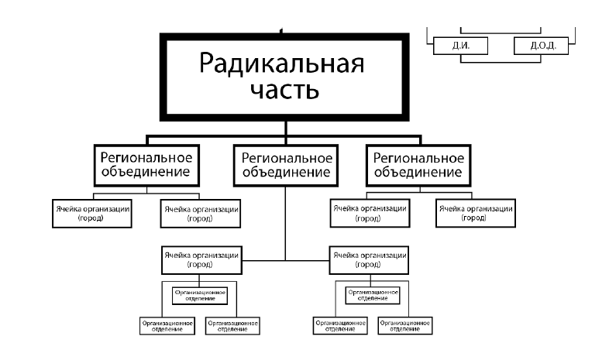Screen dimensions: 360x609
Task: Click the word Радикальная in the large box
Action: [x=282, y=61]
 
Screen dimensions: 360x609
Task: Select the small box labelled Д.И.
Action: [x=462, y=46]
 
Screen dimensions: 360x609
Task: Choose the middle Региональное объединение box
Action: [x=284, y=163]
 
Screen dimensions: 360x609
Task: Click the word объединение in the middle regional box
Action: [x=284, y=172]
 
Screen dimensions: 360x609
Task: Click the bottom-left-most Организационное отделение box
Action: [x=163, y=326]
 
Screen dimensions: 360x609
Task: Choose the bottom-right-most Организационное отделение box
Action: [x=405, y=326]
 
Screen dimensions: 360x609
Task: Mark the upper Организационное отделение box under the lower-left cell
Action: [x=200, y=295]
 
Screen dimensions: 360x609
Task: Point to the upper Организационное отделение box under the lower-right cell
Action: [x=372, y=295]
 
